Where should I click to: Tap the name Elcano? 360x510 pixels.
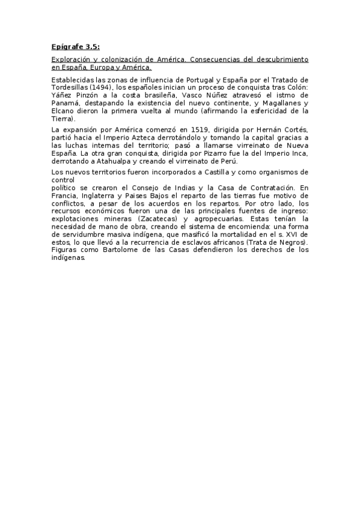point(63,111)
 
